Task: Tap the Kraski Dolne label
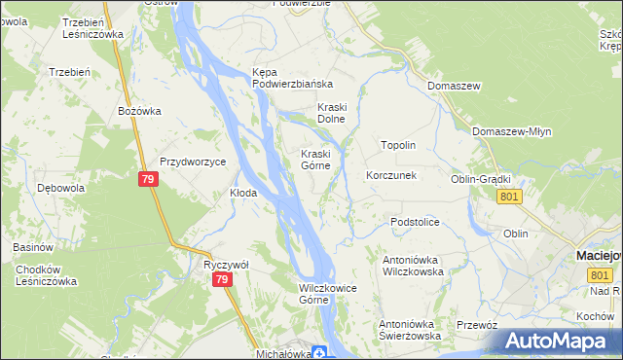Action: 332,113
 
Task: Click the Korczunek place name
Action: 391,176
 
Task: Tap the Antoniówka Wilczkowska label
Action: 413,267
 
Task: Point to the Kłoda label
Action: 243,193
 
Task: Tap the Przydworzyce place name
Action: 193,162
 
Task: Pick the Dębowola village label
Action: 60,187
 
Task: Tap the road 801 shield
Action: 509,198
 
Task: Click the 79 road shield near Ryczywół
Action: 224,280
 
